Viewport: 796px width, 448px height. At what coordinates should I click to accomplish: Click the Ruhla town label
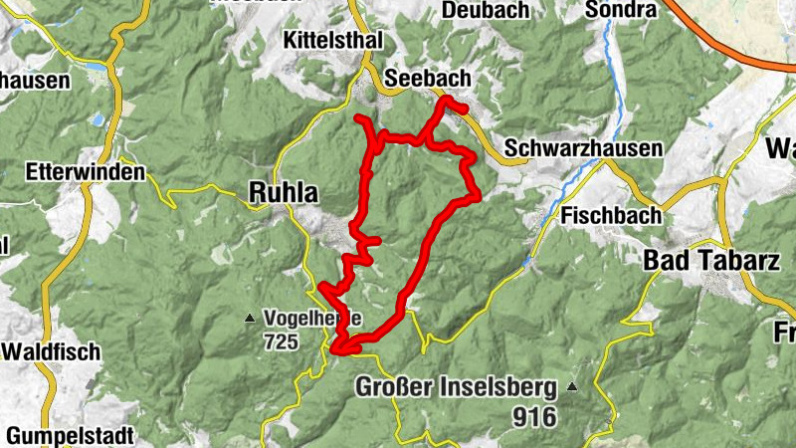pyautogui.click(x=284, y=193)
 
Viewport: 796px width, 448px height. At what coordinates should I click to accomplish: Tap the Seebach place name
pyautogui.click(x=427, y=79)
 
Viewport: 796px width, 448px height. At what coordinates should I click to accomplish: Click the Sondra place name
pyautogui.click(x=621, y=10)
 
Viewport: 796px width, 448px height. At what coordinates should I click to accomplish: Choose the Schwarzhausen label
pyautogui.click(x=583, y=148)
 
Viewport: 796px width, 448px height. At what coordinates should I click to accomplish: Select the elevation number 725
pyautogui.click(x=283, y=341)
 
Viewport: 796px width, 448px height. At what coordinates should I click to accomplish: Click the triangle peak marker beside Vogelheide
pyautogui.click(x=249, y=320)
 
